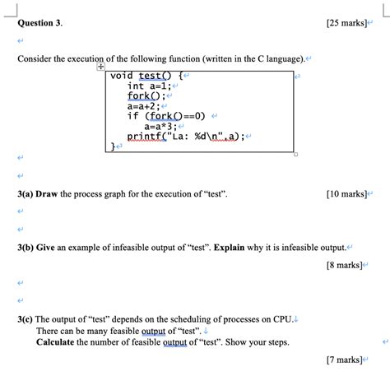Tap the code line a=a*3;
(x=161, y=127)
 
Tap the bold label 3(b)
(x=27, y=246)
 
